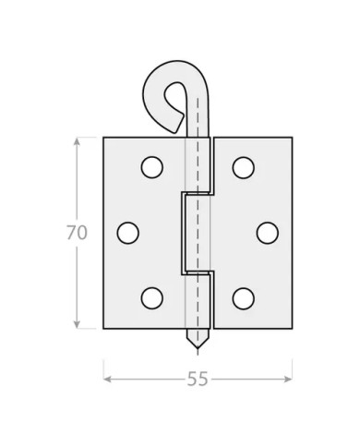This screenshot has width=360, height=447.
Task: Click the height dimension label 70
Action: click(77, 233)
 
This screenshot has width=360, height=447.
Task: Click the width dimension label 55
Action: click(198, 379)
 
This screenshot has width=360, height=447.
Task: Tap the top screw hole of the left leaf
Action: click(152, 167)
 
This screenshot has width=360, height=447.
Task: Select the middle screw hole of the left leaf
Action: click(128, 233)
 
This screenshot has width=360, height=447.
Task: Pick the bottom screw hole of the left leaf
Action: click(152, 298)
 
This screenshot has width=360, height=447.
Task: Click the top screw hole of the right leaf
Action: click(244, 167)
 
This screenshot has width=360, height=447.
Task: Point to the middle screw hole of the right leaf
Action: click(268, 233)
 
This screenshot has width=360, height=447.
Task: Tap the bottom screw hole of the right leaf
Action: click(244, 298)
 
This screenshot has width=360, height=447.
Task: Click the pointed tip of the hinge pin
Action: click(198, 348)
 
